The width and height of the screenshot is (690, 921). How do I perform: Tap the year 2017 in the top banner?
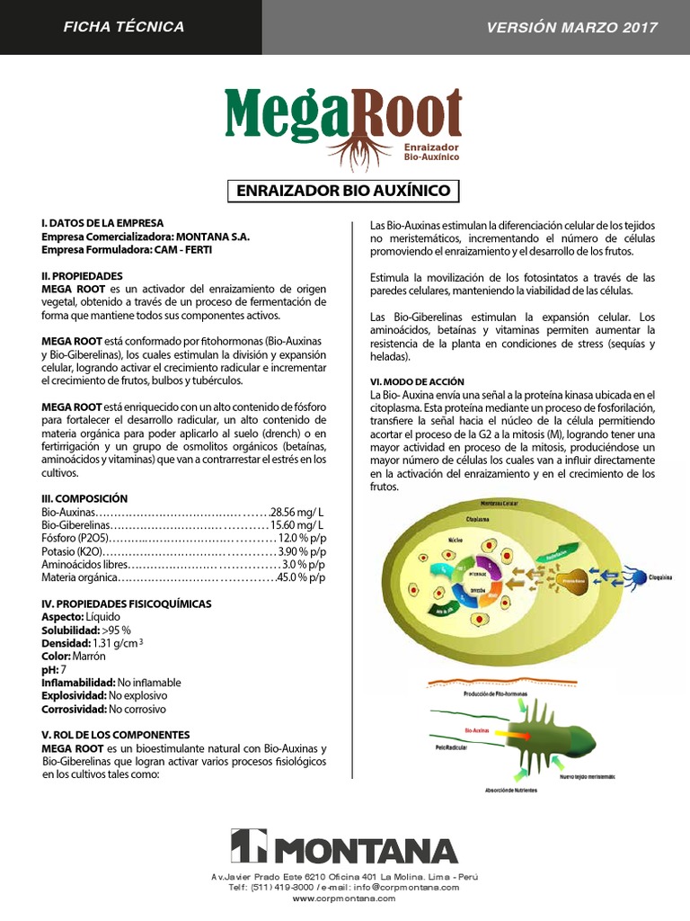[639, 27]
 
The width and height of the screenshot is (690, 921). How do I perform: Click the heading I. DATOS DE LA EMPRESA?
[102, 223]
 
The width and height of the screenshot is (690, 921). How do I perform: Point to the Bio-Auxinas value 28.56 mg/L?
[296, 511]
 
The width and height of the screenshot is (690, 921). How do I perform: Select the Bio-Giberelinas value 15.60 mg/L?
[296, 524]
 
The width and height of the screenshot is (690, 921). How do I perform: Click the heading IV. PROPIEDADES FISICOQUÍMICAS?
[127, 604]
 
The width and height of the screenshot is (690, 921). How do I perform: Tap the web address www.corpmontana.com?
[344, 898]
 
